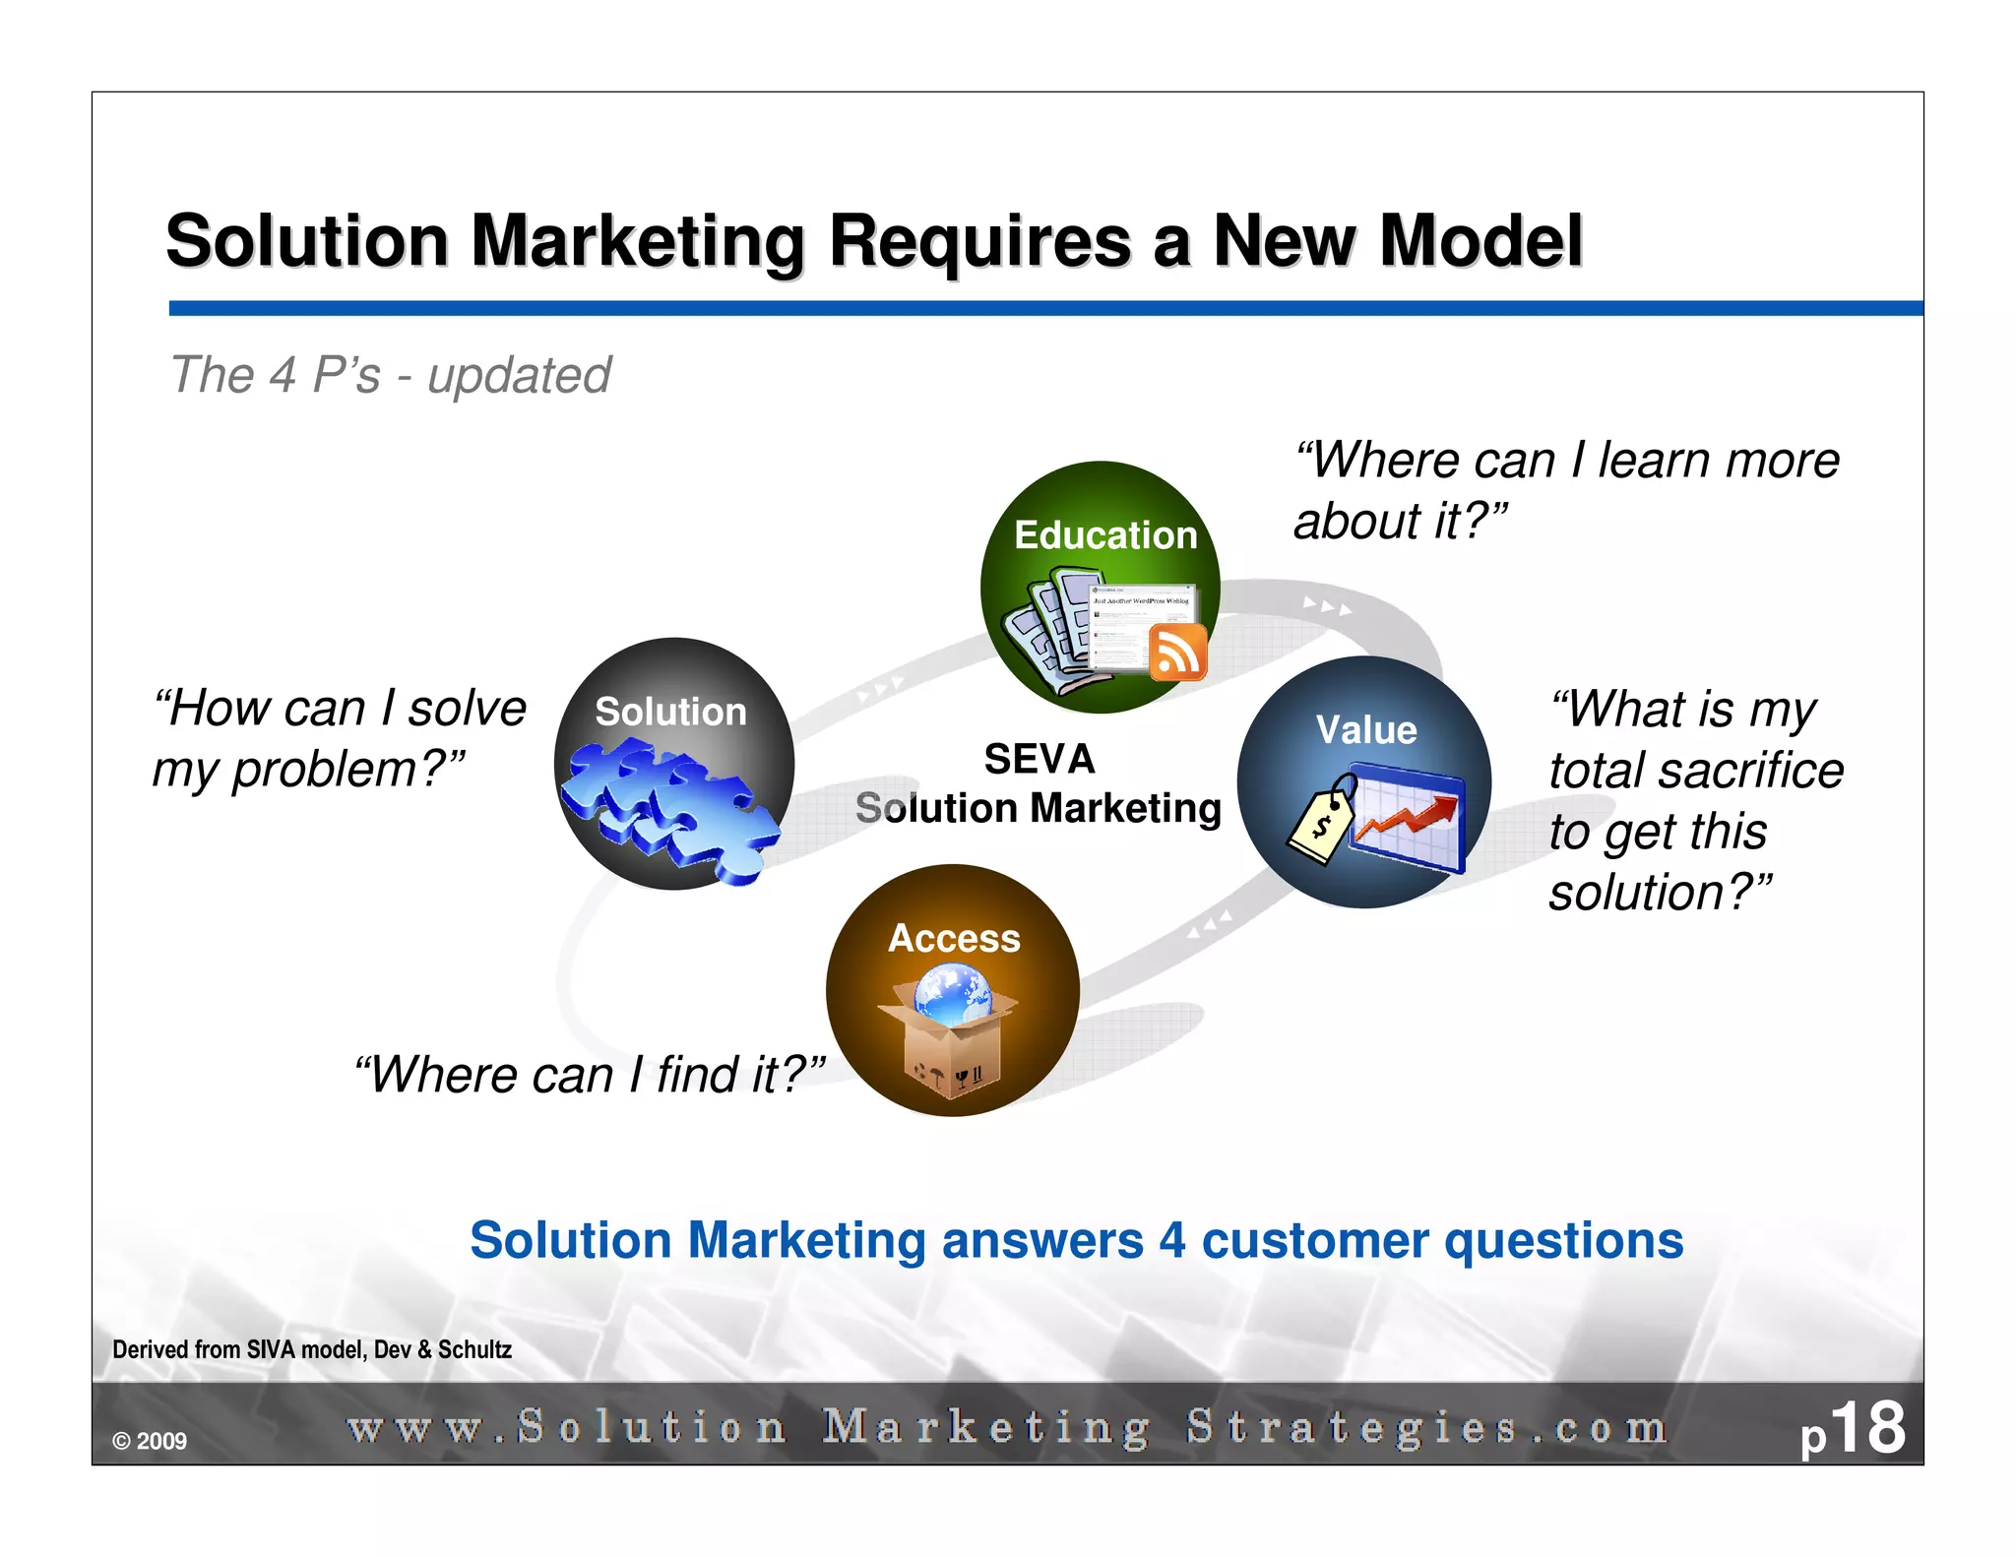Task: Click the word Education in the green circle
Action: click(1105, 535)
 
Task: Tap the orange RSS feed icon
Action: click(1178, 652)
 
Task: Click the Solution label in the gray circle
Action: click(670, 712)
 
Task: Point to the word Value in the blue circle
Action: click(1366, 730)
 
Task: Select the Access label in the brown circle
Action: click(954, 938)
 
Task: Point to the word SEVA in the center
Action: click(1039, 759)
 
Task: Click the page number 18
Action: click(1867, 1428)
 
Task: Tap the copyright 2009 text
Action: click(150, 1441)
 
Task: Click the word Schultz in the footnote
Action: click(474, 1349)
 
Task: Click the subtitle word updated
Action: click(519, 375)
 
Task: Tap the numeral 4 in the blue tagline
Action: click(1171, 1240)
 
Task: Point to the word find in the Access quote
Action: click(699, 1074)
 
